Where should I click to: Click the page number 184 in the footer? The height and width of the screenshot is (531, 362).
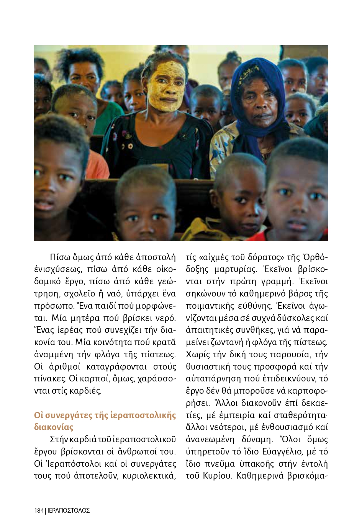tap(39, 510)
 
